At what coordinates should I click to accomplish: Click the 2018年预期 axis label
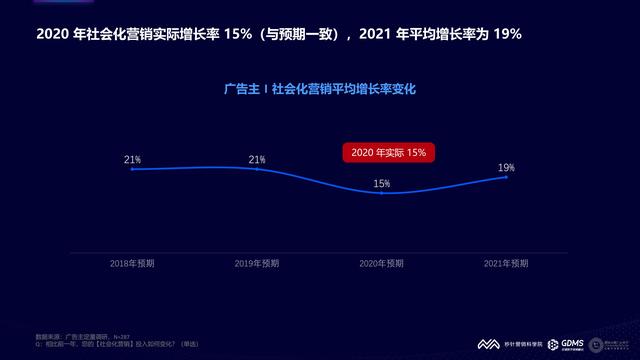pyautogui.click(x=132, y=264)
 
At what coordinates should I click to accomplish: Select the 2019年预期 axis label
pyautogui.click(x=257, y=264)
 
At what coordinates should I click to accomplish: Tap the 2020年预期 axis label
pyautogui.click(x=382, y=264)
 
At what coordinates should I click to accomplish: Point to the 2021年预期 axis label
pyautogui.click(x=506, y=264)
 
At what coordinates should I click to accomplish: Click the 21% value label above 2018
pyautogui.click(x=132, y=159)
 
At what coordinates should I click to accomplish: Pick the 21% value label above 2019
pyautogui.click(x=257, y=159)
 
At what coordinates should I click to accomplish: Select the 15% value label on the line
pyautogui.click(x=382, y=183)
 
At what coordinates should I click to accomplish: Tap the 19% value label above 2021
pyautogui.click(x=507, y=167)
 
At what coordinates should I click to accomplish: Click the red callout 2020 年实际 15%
pyautogui.click(x=386, y=153)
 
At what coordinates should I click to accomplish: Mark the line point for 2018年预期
pyautogui.click(x=132, y=169)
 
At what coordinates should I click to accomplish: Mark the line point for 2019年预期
pyautogui.click(x=257, y=169)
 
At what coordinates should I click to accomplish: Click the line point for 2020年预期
pyautogui.click(x=382, y=192)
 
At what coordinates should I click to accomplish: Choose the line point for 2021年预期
pyautogui.click(x=507, y=177)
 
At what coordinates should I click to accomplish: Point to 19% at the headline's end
pyautogui.click(x=508, y=34)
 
